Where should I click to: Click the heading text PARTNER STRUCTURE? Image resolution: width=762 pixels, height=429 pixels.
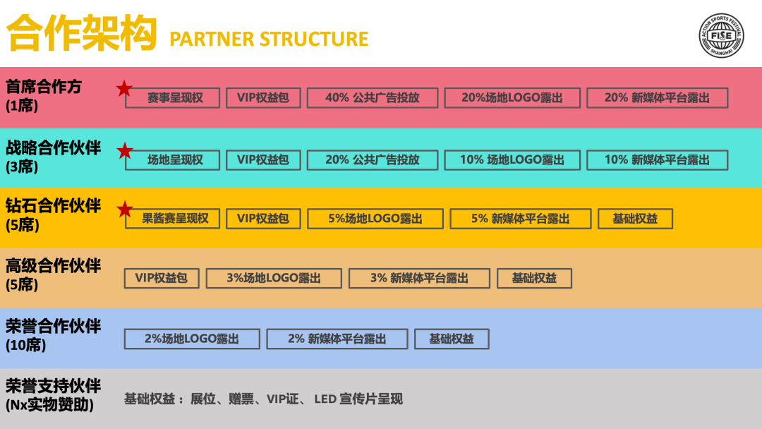tap(269, 39)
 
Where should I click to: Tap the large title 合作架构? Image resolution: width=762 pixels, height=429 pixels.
tap(81, 33)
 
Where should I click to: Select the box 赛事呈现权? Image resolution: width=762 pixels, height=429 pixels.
tap(173, 98)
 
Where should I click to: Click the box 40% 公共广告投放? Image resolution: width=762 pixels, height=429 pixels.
tap(373, 98)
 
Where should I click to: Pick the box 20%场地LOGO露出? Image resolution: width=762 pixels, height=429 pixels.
tap(512, 98)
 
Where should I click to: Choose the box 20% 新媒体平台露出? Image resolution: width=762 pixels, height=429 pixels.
tap(657, 98)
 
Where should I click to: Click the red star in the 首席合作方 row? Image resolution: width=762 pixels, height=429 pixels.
tap(124, 89)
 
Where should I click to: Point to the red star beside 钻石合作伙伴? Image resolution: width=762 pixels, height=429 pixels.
tap(124, 209)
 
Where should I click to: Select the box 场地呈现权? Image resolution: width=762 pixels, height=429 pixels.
tap(173, 160)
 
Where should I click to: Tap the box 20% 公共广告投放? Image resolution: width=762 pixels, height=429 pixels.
tap(373, 160)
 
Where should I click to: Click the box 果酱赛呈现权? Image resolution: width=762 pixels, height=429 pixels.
tap(173, 219)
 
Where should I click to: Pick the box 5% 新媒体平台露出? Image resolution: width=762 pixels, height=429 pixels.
tap(521, 219)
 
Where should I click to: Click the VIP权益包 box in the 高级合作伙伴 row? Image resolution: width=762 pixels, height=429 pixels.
tap(162, 278)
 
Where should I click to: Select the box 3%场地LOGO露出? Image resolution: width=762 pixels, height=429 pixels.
tap(274, 278)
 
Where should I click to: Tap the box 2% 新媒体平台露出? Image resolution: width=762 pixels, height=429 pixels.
tap(337, 339)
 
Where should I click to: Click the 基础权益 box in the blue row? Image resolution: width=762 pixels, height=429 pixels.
tap(452, 339)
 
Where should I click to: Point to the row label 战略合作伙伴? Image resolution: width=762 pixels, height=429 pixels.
tap(54, 148)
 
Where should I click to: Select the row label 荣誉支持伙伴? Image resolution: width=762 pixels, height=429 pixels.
tap(54, 386)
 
